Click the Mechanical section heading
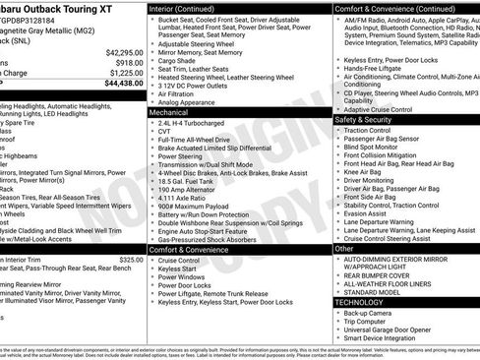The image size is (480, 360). pos(169,113)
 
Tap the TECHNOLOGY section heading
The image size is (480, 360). pos(360,303)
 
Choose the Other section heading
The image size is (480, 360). pos(344,249)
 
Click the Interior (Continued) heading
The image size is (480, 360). pos(187,7)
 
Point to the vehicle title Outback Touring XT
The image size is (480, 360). pos(61,8)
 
